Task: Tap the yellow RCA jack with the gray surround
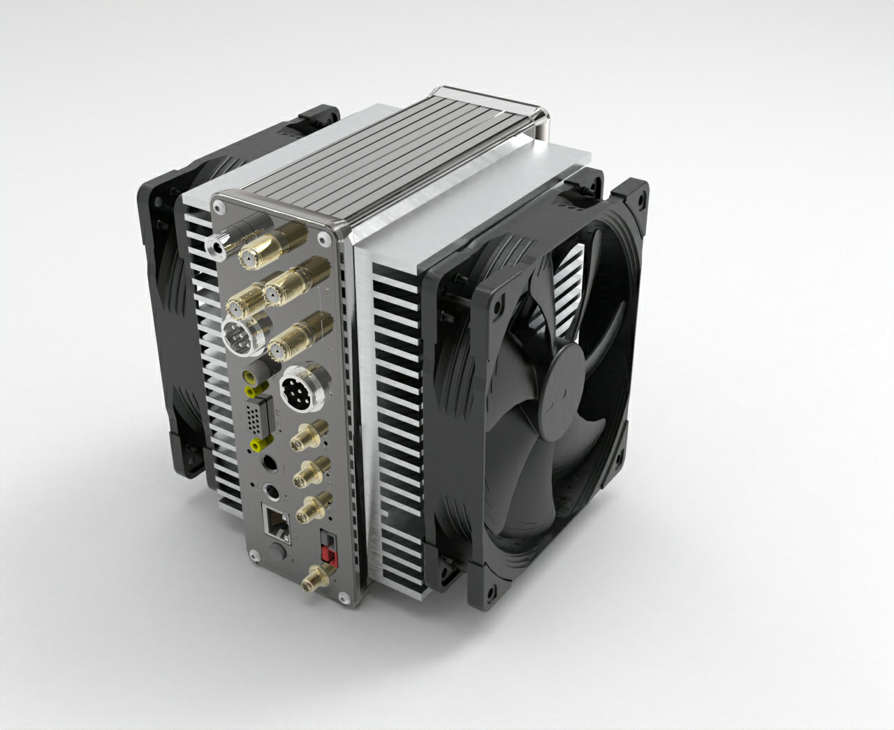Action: tap(249, 378)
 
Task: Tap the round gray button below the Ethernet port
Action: tap(277, 554)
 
